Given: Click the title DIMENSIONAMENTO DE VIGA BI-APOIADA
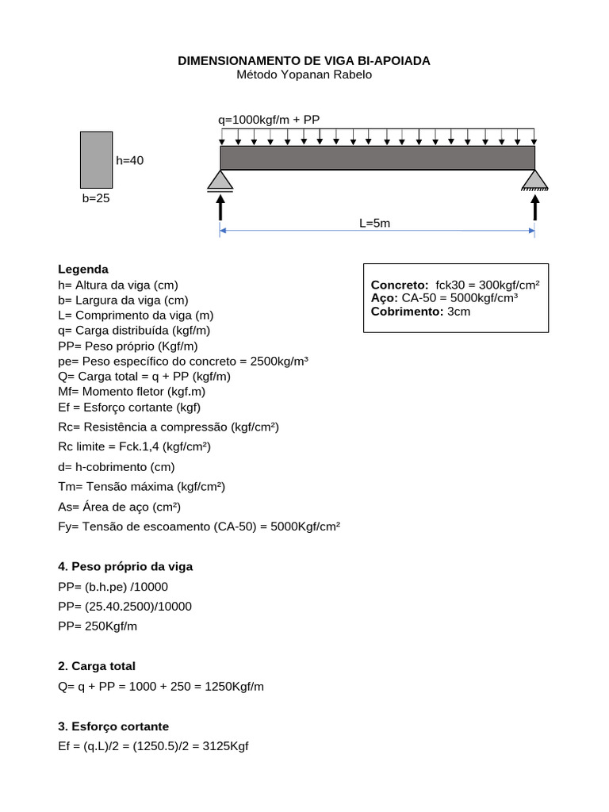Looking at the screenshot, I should click(304, 60).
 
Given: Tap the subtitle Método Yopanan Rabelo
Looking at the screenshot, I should click(304, 75).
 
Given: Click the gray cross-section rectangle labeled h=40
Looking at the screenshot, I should click(96, 159).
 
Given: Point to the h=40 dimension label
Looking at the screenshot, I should click(130, 160).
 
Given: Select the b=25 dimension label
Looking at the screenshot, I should click(96, 198).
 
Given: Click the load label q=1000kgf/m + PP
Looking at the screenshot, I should click(269, 120).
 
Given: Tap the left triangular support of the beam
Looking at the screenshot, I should click(220, 181).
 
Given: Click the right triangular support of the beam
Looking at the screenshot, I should click(534, 181).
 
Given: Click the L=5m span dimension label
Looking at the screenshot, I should click(374, 223).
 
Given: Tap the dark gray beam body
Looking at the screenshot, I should click(377, 157).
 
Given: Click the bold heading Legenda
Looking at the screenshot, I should click(83, 269).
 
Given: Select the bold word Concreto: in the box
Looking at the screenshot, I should click(400, 285).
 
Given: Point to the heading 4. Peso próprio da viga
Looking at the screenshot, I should click(125, 566).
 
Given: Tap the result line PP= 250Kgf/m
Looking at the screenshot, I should click(98, 626).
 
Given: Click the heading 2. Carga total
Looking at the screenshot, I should click(97, 666).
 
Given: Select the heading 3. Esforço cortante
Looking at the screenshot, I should click(113, 726).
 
